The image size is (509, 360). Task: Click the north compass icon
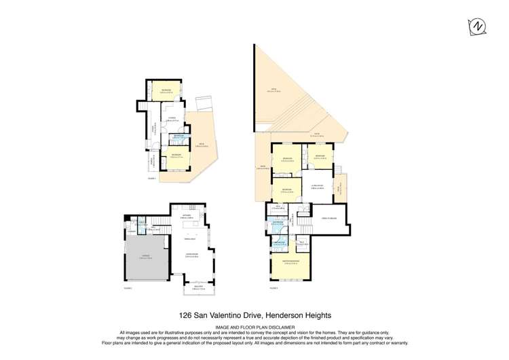pos(478,26)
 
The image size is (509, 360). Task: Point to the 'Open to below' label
pos(328,217)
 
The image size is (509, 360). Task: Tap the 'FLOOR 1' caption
pos(151,179)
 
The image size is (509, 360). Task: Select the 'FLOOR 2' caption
pos(128,287)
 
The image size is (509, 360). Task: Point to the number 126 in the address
pos(186,315)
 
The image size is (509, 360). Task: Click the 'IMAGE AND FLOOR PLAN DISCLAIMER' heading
pos(254,327)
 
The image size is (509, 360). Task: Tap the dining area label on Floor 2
pos(191,239)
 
